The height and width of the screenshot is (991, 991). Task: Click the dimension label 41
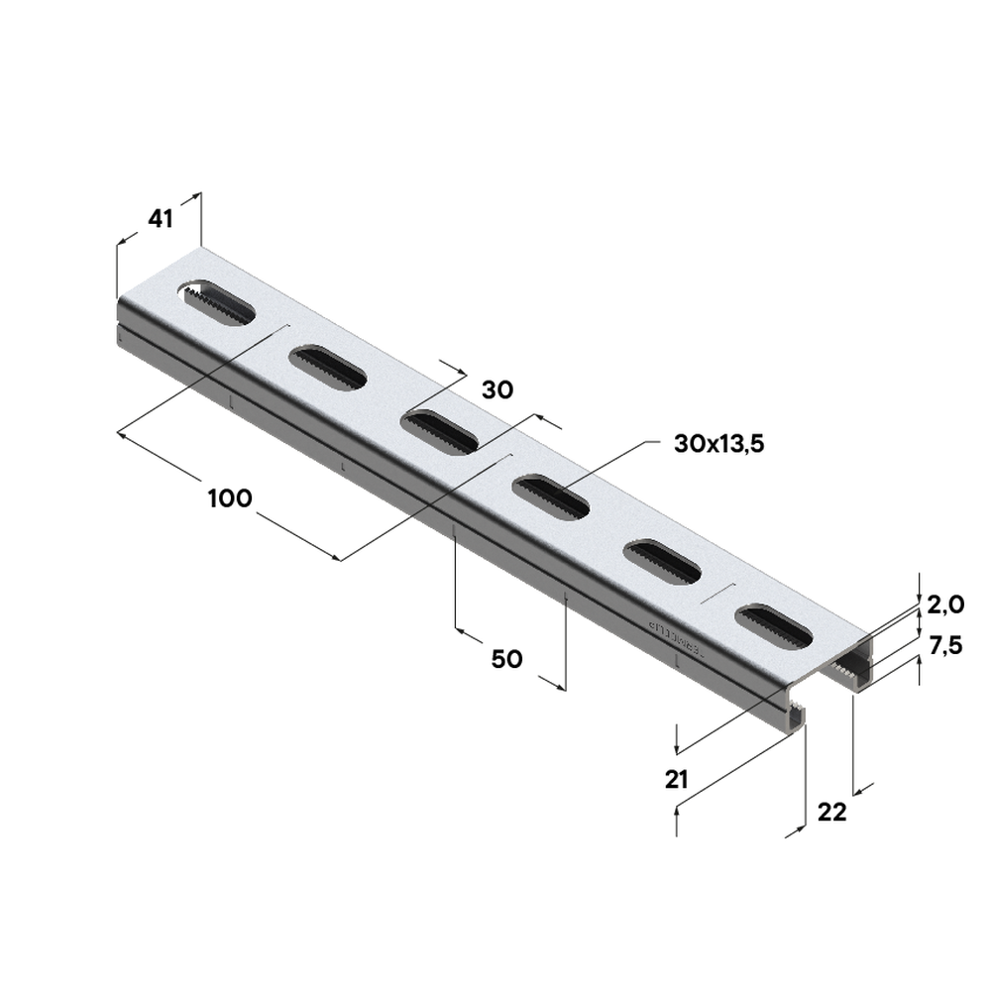pyautogui.click(x=160, y=219)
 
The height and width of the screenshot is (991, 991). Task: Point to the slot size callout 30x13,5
pyautogui.click(x=718, y=445)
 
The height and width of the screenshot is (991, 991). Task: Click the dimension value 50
pyautogui.click(x=506, y=659)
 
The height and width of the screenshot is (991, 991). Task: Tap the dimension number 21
pyautogui.click(x=677, y=780)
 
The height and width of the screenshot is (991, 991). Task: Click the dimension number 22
pyautogui.click(x=832, y=813)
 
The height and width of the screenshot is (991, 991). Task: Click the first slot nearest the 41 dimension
pyautogui.click(x=216, y=302)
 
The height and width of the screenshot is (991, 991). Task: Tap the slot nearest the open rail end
pyautogui.click(x=774, y=626)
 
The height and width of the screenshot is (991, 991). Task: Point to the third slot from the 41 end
pyautogui.click(x=440, y=432)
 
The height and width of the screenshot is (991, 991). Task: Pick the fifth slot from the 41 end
pyautogui.click(x=662, y=562)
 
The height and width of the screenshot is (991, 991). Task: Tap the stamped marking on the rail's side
pyautogui.click(x=674, y=638)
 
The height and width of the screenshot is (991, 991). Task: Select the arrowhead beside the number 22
pyautogui.click(x=862, y=789)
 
